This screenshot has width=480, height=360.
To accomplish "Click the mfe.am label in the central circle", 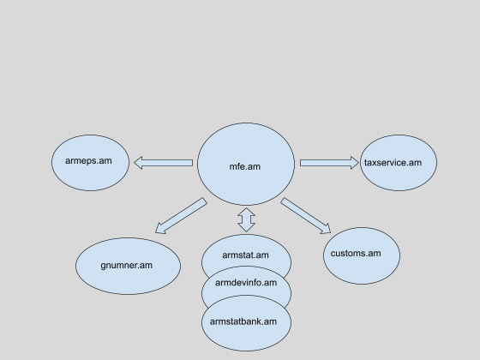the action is [245, 166].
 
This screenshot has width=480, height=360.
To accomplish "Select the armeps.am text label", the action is [88, 161].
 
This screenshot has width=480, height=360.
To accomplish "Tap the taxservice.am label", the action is [393, 163].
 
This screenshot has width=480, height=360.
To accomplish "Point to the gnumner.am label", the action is [127, 266].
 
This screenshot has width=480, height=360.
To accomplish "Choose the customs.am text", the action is [356, 254].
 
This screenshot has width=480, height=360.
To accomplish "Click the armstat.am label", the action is [245, 255].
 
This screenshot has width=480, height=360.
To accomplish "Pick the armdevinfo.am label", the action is [246, 283].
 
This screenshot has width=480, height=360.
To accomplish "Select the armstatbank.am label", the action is [243, 321].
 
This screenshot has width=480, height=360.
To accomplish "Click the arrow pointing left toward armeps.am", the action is [164, 163].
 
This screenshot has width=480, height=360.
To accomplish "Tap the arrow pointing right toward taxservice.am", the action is [329, 163].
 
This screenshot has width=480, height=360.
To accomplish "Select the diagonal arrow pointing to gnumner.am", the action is [181, 216].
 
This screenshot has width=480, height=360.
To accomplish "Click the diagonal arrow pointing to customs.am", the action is [305, 216].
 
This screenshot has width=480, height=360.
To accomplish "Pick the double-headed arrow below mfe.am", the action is [247, 219].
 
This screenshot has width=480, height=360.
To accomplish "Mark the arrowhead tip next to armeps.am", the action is [135, 163].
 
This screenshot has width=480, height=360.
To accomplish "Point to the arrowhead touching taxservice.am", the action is [358, 163].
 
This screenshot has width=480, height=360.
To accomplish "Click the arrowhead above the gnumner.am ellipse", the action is [156, 232].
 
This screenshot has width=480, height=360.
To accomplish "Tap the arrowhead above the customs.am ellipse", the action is [330, 232].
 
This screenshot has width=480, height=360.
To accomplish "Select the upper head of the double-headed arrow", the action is [247, 209].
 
